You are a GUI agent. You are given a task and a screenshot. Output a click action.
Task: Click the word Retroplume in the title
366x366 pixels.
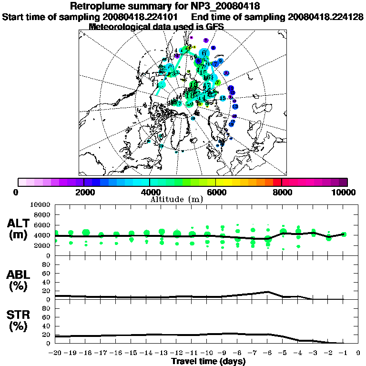(x=98, y=6)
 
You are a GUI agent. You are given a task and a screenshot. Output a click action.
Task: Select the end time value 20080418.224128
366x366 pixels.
(x=325, y=17)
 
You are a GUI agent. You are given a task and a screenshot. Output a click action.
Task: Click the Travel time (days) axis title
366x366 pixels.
(x=208, y=361)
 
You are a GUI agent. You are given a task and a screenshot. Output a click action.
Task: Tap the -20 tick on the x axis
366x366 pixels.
(x=56, y=353)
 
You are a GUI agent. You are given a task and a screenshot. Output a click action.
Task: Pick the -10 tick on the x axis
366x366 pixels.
(x=207, y=353)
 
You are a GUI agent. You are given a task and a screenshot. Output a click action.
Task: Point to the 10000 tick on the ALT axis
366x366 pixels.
(x=40, y=204)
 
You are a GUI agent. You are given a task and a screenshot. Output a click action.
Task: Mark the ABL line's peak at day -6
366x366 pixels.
(x=268, y=292)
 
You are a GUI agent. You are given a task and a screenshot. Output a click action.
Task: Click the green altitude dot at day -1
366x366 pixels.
(x=344, y=234)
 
